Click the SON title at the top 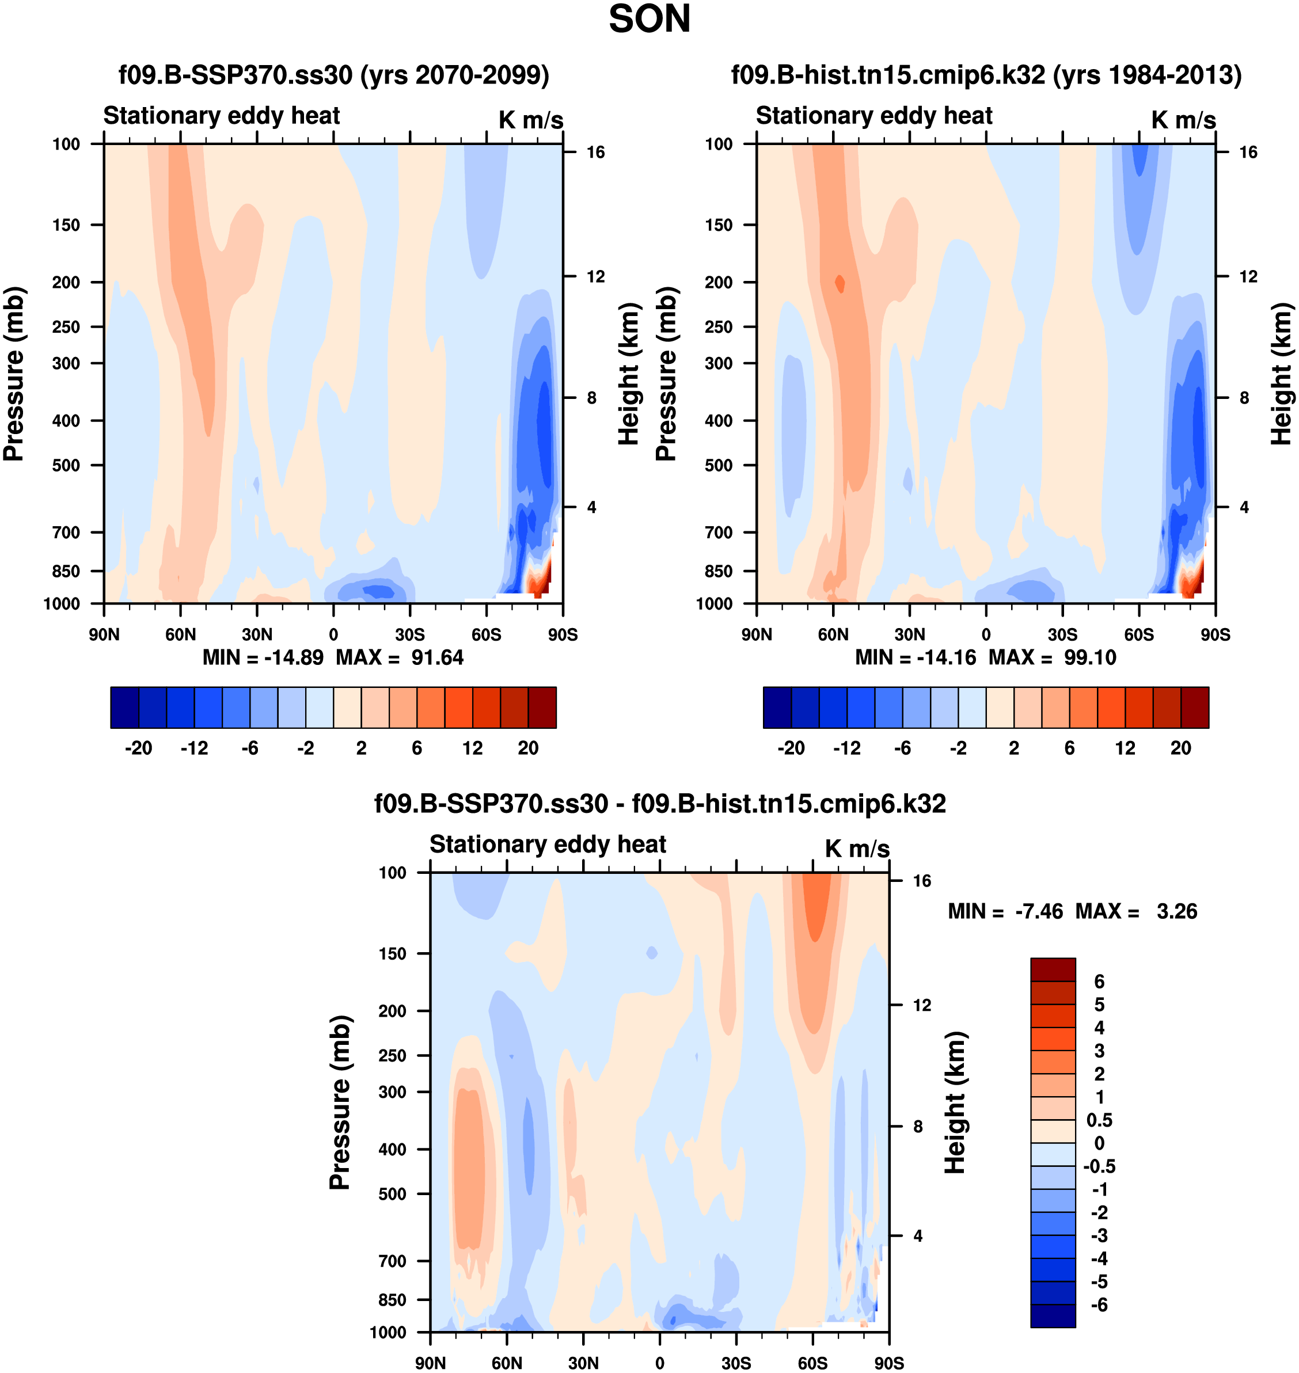(649, 20)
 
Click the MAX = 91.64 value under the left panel (400, 657)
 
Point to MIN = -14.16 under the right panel (916, 657)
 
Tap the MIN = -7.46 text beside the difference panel (1005, 911)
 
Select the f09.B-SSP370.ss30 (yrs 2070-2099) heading (334, 75)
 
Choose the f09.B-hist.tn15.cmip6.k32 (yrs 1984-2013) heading (986, 75)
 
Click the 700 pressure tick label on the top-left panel (66, 533)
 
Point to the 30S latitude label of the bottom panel (736, 1363)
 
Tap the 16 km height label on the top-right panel (1248, 153)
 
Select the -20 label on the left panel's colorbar (139, 748)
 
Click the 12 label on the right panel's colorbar (1125, 748)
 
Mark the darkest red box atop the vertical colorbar (1053, 969)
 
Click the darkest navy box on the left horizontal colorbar (124, 707)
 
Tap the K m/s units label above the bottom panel (857, 849)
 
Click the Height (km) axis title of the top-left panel (628, 374)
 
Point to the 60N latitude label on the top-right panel (833, 634)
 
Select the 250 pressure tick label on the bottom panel (393, 1056)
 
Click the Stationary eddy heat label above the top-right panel (874, 116)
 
